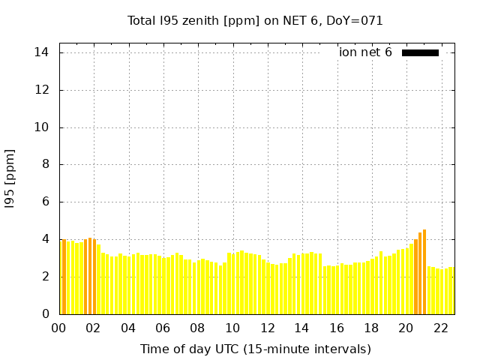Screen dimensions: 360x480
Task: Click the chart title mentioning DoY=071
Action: (255, 21)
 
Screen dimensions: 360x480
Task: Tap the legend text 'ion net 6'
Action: (365, 52)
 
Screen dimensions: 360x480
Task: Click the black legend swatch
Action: (420, 52)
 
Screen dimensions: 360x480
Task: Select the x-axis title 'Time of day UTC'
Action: (255, 349)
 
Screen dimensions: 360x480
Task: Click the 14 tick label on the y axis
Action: (41, 52)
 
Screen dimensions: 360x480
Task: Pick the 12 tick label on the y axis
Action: (41, 90)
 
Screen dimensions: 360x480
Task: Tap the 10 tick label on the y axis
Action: (41, 127)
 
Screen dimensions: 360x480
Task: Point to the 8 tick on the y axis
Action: (45, 164)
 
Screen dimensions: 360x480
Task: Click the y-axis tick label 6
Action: (45, 202)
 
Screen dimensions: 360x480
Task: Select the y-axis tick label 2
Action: (45, 277)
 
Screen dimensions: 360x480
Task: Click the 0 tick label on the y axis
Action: (45, 314)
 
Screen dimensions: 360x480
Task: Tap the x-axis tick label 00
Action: (59, 328)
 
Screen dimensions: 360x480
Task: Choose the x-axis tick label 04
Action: (128, 328)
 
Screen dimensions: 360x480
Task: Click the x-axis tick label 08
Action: (198, 328)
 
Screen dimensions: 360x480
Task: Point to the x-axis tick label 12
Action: (267, 328)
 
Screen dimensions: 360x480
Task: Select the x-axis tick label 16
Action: (337, 328)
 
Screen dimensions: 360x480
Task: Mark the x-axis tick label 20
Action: (406, 328)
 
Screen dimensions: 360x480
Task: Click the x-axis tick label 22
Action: (441, 328)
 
